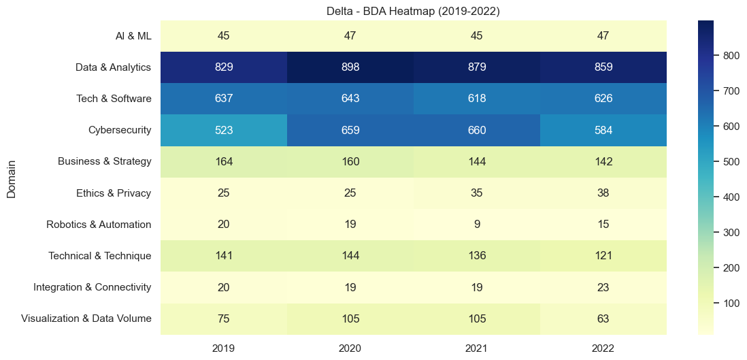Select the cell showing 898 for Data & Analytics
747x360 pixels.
click(350, 67)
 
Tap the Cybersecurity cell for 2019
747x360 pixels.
click(223, 130)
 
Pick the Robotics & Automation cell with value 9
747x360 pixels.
click(476, 224)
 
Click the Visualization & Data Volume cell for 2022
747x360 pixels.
click(603, 318)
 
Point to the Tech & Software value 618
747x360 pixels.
click(476, 99)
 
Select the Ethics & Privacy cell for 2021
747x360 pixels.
click(476, 193)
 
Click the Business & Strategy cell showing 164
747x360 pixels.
click(223, 161)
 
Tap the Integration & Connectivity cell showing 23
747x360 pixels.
click(603, 287)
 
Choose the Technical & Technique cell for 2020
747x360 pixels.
click(350, 256)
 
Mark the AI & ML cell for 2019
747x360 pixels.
click(223, 36)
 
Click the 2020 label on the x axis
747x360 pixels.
click(350, 348)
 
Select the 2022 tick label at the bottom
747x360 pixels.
click(603, 348)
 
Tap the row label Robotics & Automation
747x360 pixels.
click(99, 224)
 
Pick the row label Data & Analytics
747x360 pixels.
click(113, 67)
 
